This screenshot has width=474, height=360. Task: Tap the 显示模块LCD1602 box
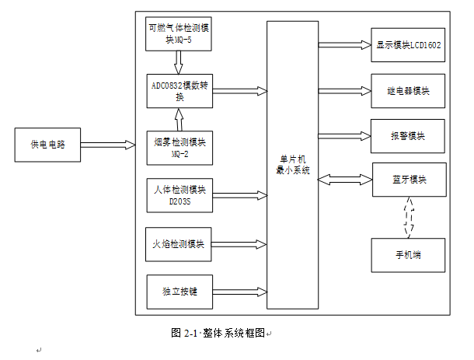[x=408, y=45]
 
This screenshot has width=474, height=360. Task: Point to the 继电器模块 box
[x=408, y=91]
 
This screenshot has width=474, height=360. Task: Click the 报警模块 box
[x=408, y=136]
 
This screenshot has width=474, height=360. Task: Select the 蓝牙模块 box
[x=409, y=180]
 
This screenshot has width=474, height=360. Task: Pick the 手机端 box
[x=409, y=255]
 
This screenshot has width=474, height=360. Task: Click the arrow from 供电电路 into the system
[x=108, y=144]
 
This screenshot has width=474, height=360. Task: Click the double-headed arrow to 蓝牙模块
[x=345, y=180]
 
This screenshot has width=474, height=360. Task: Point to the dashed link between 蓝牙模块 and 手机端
[x=410, y=218]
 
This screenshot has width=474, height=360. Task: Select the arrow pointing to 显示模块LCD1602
[x=345, y=45]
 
